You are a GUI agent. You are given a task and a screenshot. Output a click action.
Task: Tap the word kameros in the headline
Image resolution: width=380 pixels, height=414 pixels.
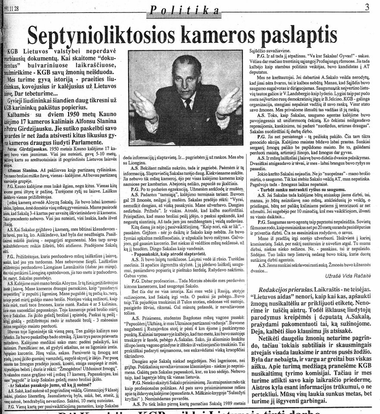229,32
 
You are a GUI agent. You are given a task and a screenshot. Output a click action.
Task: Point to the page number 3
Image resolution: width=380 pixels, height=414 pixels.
367,7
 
